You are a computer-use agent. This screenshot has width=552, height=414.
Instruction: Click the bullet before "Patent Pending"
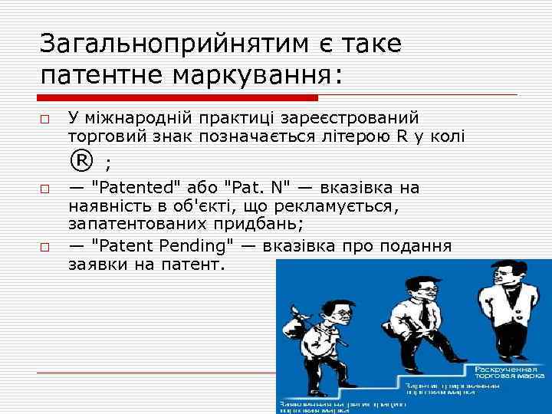[x=46, y=248]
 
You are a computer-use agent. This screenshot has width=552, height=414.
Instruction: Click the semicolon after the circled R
[x=107, y=164]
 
